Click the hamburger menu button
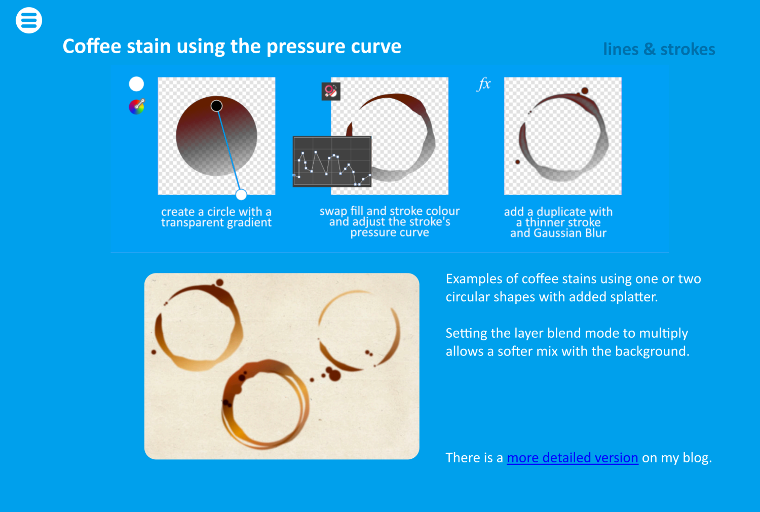[x=29, y=20]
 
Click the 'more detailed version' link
[x=573, y=457]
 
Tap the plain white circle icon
[x=136, y=84]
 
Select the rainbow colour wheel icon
[x=137, y=107]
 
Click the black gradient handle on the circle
[x=216, y=106]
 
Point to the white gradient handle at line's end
[x=241, y=194]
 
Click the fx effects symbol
[x=484, y=84]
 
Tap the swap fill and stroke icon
[x=331, y=92]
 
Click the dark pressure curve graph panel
[x=332, y=162]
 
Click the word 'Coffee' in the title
[x=92, y=46]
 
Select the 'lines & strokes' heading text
[x=659, y=50]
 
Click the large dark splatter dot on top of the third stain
[x=585, y=91]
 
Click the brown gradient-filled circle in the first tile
[x=216, y=136]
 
